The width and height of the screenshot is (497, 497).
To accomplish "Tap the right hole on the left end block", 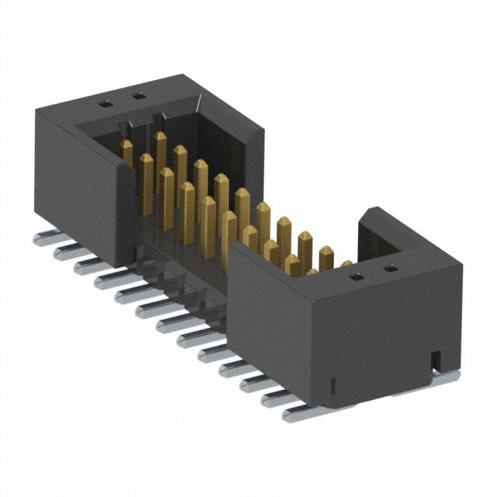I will pos(140,96).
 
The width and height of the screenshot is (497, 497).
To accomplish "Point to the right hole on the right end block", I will pos(391,269).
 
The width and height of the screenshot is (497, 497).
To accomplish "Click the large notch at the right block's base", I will pos(436,359).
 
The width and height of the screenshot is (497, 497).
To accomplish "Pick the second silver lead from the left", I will pos(64,251).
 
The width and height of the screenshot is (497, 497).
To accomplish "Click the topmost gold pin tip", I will pos(160,137).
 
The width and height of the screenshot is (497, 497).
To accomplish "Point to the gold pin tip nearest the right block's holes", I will pos(346,264).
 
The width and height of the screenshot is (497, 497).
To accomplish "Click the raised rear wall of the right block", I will pos(373,233).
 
